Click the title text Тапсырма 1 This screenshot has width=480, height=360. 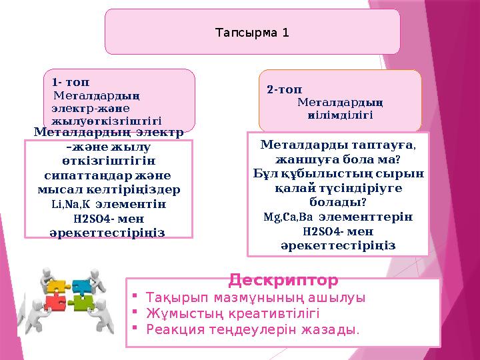251,31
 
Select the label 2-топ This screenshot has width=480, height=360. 284,89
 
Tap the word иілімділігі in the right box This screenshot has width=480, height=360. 340,115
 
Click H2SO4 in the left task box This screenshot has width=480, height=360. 91,219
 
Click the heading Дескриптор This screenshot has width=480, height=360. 283,279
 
